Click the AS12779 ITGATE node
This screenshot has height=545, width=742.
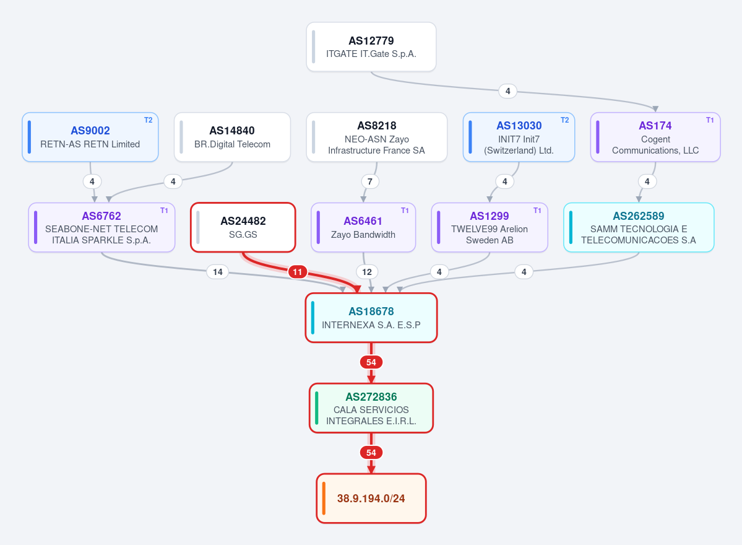(x=371, y=47)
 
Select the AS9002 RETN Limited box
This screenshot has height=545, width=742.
(x=90, y=137)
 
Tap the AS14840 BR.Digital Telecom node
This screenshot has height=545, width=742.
(x=232, y=137)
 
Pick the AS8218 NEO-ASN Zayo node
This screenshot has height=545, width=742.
(x=377, y=137)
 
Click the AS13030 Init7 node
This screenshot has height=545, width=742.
(x=519, y=137)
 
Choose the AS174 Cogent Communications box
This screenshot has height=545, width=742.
(x=655, y=137)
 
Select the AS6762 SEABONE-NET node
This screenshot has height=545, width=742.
(x=101, y=227)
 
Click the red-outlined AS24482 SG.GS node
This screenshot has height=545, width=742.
(x=243, y=227)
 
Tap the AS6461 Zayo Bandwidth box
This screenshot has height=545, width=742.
(x=363, y=227)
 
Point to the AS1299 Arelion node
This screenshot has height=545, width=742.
(x=490, y=227)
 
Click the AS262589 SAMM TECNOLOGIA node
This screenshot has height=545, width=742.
(x=639, y=227)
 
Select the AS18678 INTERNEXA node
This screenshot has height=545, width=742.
(x=371, y=318)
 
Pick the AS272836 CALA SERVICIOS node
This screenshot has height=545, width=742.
(x=371, y=408)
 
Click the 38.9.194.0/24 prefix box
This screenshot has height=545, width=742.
(x=371, y=498)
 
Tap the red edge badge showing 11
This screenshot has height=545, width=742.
(x=297, y=272)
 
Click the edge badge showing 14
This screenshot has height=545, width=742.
(x=218, y=272)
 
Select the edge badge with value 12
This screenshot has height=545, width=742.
(x=367, y=272)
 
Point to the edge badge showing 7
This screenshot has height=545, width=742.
(x=370, y=181)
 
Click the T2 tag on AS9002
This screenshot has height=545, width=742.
(x=148, y=120)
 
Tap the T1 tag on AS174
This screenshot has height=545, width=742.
(x=710, y=120)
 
